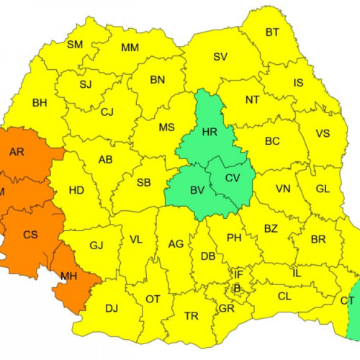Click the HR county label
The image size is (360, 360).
210,132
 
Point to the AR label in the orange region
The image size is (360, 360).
17,152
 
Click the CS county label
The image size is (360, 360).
30,235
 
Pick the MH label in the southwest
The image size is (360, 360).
69,276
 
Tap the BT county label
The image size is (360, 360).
272,32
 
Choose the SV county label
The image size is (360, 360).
220,56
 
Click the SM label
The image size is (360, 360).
75,45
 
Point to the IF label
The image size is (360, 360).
238,274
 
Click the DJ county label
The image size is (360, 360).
112,308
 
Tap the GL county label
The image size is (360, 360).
323,190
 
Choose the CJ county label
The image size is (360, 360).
107,112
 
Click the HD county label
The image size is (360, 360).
76,191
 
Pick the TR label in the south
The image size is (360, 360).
192,316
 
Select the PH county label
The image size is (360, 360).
234,238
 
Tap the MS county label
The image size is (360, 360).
166,127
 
